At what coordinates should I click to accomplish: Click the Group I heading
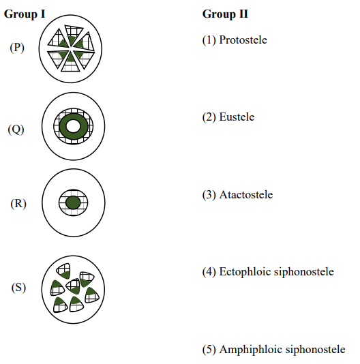point(25,14)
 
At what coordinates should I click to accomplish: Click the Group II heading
point(225,14)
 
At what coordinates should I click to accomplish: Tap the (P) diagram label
point(17,48)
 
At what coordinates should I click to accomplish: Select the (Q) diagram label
point(16,130)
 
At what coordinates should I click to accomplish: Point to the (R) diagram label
point(18,204)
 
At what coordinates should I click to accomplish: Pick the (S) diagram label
point(18,288)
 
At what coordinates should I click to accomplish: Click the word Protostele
point(243,40)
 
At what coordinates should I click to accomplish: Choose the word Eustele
point(237,117)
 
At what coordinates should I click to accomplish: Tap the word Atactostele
point(246,194)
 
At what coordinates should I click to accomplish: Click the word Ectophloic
point(245,272)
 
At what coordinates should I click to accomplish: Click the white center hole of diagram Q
point(73,126)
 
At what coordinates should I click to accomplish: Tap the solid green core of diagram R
point(73,202)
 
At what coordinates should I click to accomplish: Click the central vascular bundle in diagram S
point(74,287)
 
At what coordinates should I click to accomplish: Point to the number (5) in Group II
point(209,350)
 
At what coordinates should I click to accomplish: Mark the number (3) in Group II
point(209,195)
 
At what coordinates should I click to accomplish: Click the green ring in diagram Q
point(63,127)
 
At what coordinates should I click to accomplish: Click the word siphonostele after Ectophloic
point(304,272)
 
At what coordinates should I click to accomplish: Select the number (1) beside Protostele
point(209,40)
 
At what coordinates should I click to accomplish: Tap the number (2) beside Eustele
point(209,117)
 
